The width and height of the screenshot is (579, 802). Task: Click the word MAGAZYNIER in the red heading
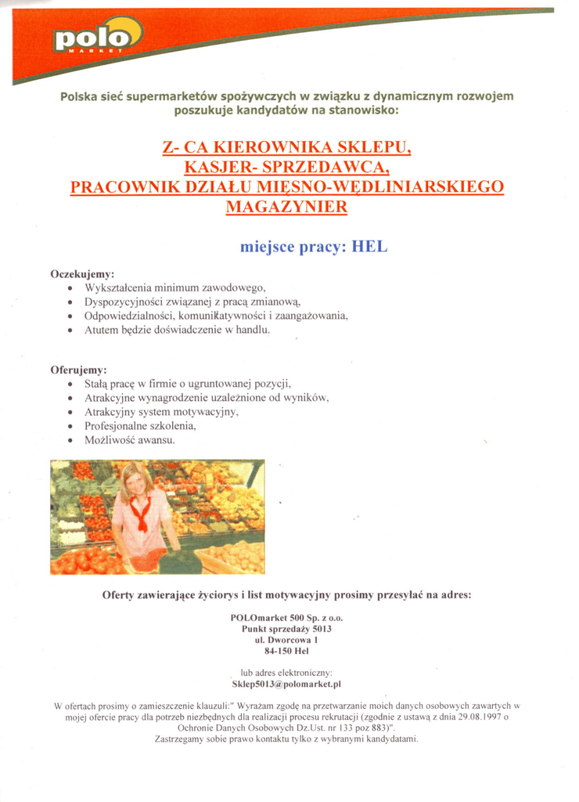(286, 207)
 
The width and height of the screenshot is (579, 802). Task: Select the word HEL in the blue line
(370, 247)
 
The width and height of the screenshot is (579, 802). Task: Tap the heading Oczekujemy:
(82, 275)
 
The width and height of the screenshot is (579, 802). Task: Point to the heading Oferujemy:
(78, 370)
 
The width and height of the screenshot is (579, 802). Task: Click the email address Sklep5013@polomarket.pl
(287, 684)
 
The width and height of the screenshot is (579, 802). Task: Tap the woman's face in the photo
(138, 482)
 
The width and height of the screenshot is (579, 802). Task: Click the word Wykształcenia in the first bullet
(117, 288)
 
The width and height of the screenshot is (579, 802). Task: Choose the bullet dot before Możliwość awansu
(70, 441)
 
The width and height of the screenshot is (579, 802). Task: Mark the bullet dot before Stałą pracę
(70, 385)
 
